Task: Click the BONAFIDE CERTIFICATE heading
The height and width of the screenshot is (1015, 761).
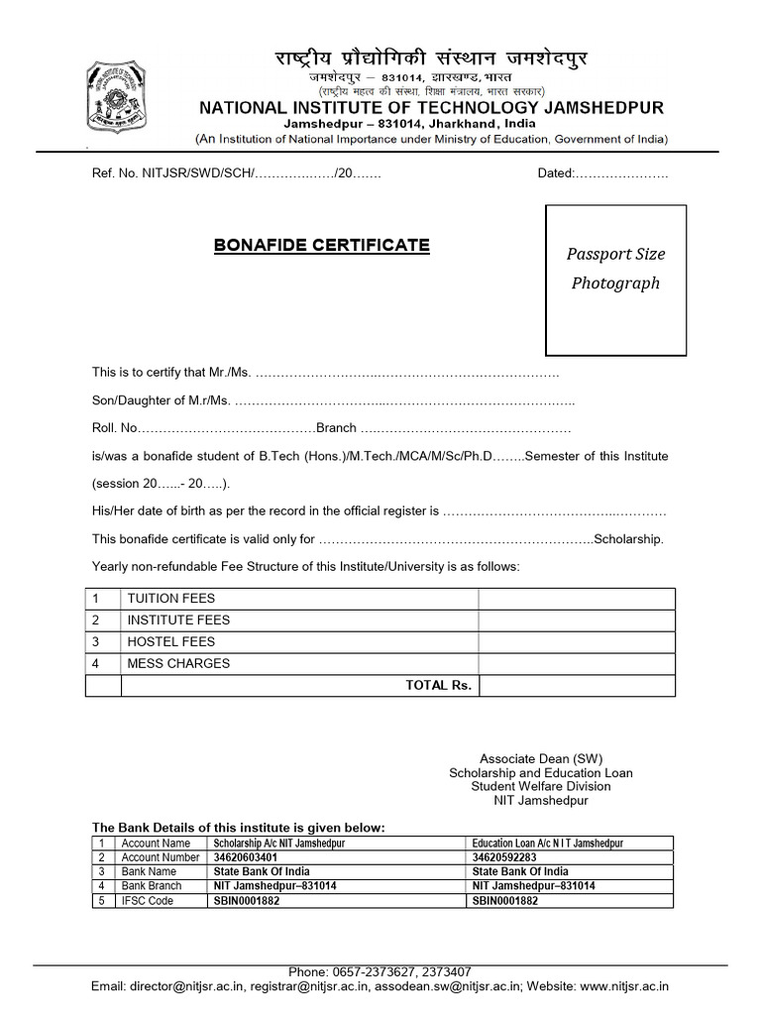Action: coord(322,245)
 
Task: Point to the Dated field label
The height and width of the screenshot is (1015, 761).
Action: coord(556,173)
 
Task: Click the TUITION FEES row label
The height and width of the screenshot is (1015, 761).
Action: coord(170,599)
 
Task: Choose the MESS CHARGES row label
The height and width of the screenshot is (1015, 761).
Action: coord(177,664)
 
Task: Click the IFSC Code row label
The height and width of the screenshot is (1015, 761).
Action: coord(147,900)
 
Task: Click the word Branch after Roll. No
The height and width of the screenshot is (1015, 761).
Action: coord(336,429)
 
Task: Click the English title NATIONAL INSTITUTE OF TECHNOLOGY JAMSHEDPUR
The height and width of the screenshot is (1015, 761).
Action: coord(432,107)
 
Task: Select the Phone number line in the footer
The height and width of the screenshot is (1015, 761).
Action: coord(380,972)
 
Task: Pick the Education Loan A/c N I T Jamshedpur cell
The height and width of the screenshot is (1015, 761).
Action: coord(548,844)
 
